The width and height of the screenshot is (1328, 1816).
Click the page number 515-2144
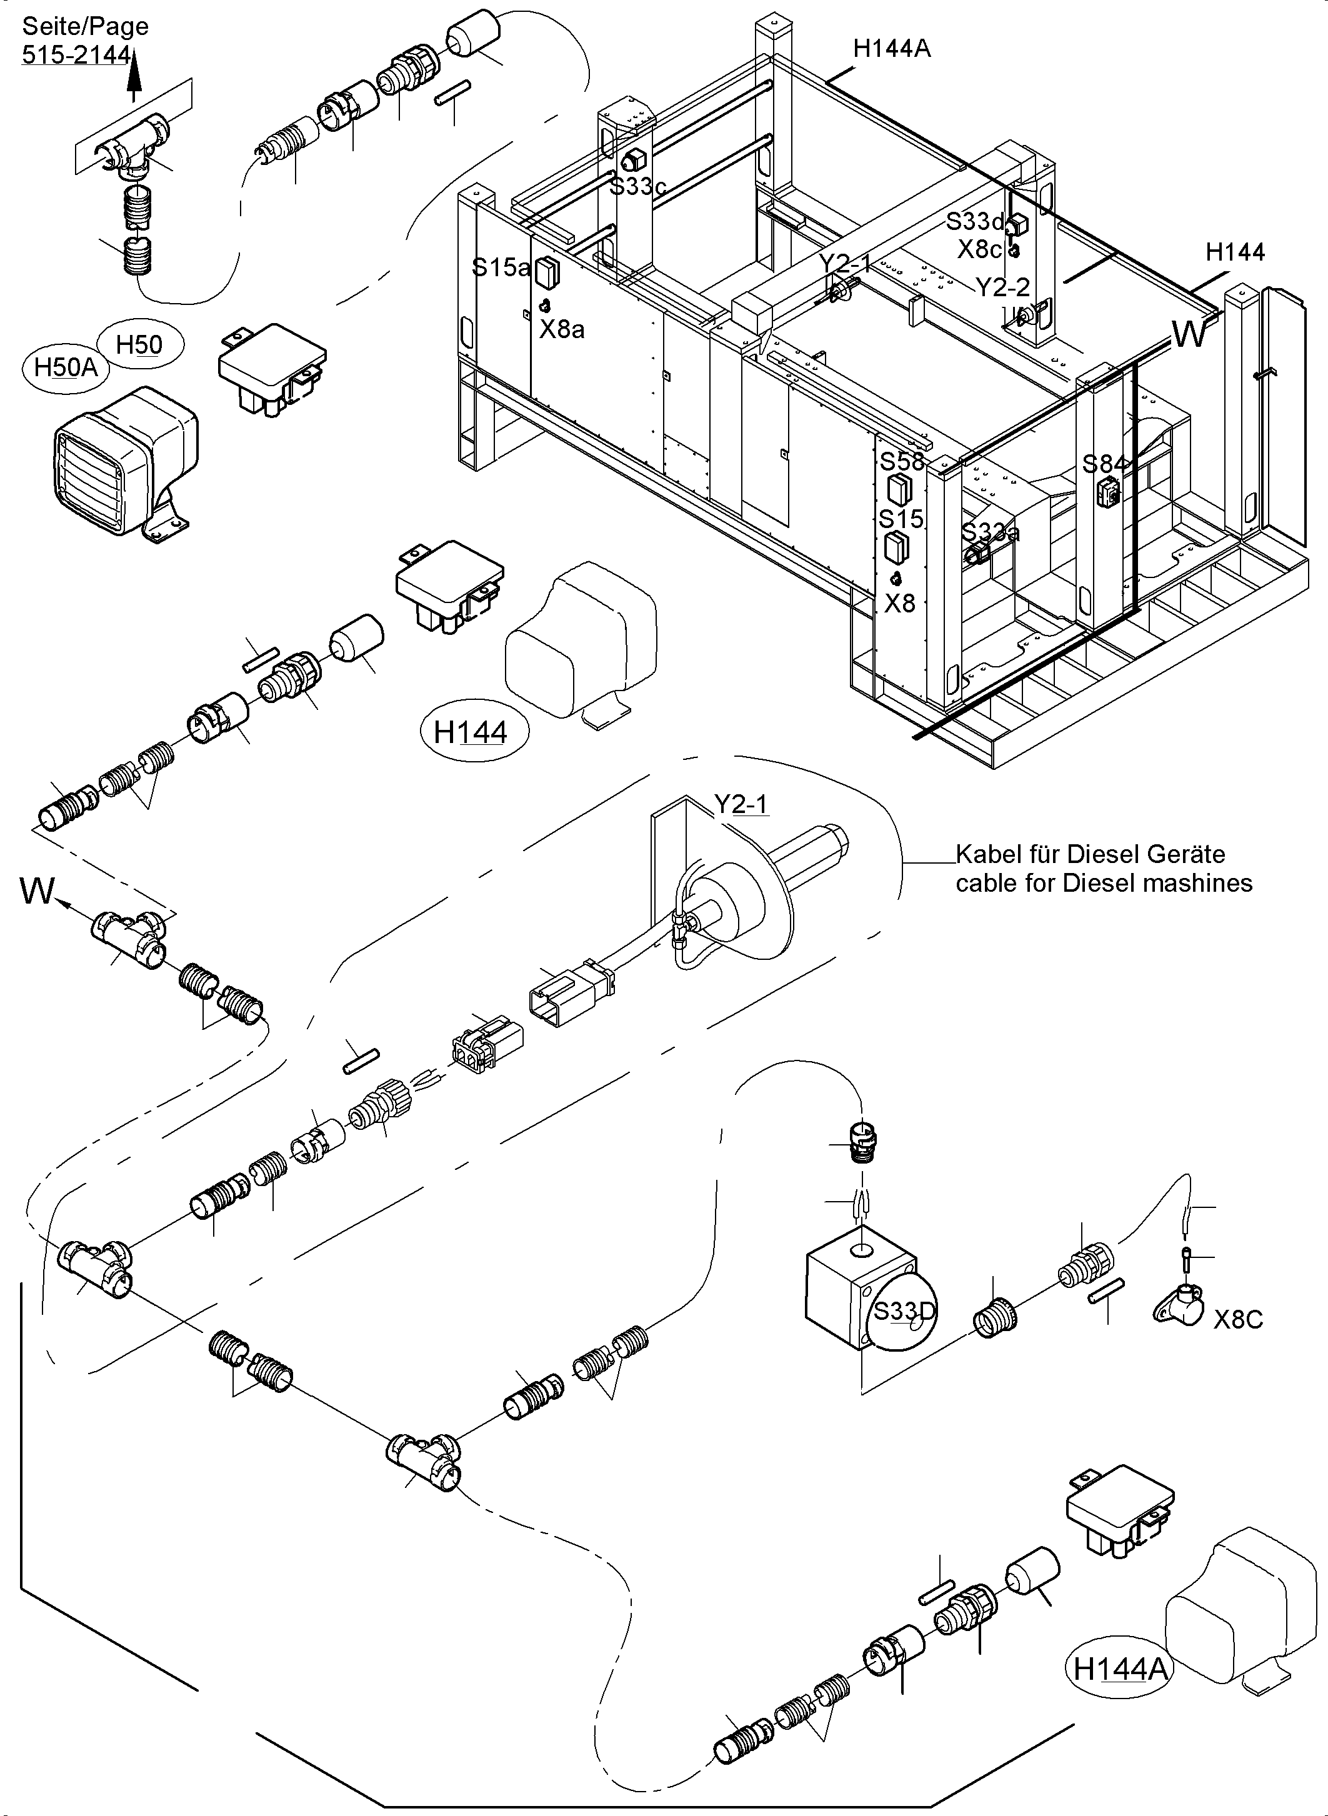(76, 54)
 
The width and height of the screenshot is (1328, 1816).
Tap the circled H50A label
(66, 367)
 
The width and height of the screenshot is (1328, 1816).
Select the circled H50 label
(140, 345)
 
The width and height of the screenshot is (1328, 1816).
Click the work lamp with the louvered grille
(121, 463)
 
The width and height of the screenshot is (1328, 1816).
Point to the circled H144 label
(471, 732)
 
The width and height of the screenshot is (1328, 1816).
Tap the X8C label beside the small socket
(1238, 1319)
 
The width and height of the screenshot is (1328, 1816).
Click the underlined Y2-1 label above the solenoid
(741, 803)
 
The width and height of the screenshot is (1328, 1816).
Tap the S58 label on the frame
(902, 461)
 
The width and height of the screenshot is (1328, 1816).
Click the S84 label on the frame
(1104, 464)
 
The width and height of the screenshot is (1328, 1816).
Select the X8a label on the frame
(562, 329)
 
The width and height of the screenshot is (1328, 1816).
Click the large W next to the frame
(1189, 334)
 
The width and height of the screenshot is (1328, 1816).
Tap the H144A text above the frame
(892, 49)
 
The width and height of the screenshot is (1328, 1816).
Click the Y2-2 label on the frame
(1002, 287)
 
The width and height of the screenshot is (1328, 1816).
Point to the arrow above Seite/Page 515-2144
(135, 76)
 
